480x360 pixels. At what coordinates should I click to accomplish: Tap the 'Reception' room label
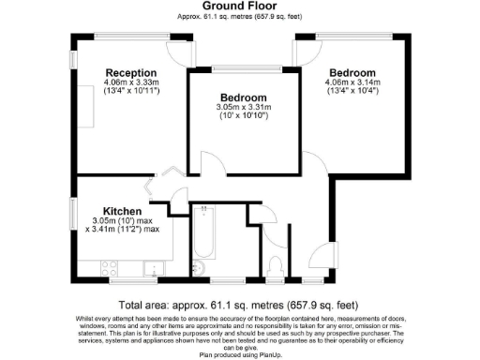click(x=130, y=73)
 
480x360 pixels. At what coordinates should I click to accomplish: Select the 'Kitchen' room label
click(x=123, y=211)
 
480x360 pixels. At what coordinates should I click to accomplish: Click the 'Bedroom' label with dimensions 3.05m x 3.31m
click(x=243, y=98)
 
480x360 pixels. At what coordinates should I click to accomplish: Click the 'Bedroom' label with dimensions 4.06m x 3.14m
click(x=352, y=73)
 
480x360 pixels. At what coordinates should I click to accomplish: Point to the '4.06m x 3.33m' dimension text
click(x=130, y=82)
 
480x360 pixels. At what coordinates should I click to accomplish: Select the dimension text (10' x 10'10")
click(x=243, y=117)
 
